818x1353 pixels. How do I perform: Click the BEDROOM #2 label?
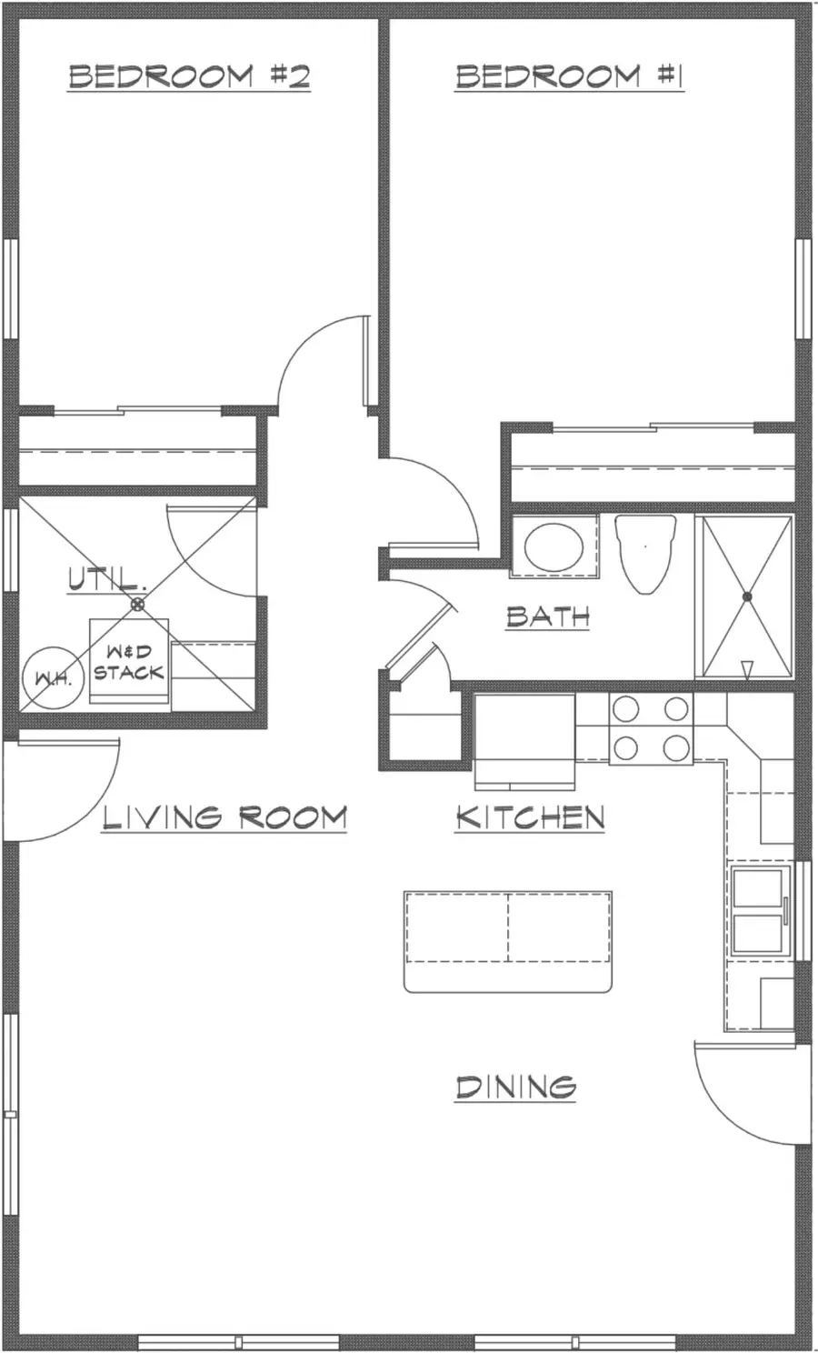(189, 76)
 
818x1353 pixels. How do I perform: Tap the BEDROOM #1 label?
(569, 76)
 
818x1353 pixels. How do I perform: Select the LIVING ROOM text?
(224, 817)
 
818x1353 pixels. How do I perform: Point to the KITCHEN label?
(530, 817)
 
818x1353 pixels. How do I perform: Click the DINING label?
(515, 1087)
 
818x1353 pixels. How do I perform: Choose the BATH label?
(548, 616)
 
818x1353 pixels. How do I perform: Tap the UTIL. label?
(106, 578)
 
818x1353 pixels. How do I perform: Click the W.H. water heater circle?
(53, 678)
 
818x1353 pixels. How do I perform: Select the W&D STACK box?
(129, 662)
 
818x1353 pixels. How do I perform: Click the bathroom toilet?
(645, 552)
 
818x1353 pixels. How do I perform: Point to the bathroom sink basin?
(554, 546)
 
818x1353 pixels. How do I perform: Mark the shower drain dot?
(746, 596)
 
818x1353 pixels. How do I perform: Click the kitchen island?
(507, 941)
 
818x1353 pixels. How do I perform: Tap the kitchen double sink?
(758, 909)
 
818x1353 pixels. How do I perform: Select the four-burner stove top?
(650, 728)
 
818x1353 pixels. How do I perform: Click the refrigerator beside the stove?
(524, 739)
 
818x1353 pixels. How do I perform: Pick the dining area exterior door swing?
(750, 1091)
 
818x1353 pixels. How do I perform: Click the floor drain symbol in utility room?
(137, 604)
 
